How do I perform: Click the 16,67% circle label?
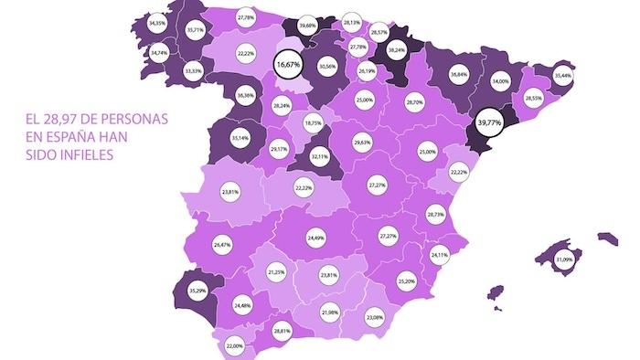(x=289, y=64)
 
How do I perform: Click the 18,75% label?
(x=314, y=122)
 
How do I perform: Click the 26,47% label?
(x=221, y=245)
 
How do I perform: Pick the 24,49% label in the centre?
(x=317, y=238)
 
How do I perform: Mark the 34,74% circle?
(x=158, y=54)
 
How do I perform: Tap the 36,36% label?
(x=245, y=95)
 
